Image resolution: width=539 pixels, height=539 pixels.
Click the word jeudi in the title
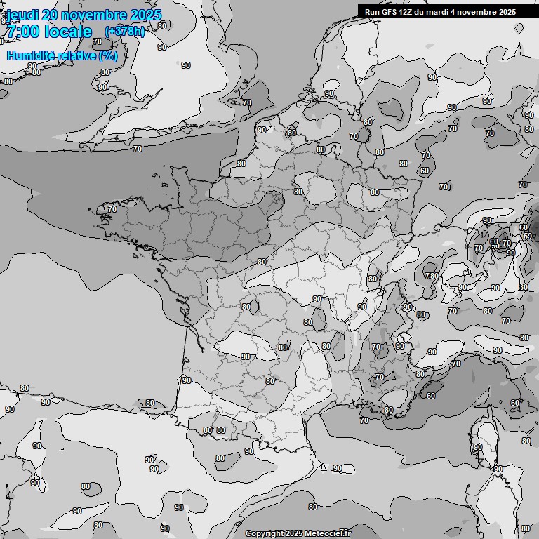pyautogui.click(x=22, y=15)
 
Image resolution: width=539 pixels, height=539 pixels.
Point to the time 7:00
pyautogui.click(x=21, y=32)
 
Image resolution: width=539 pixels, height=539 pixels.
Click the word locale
pyautogui.click(x=68, y=32)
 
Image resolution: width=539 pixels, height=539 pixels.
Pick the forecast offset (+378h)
pyautogui.click(x=125, y=31)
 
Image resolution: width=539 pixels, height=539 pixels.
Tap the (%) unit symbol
pyautogui.click(x=108, y=55)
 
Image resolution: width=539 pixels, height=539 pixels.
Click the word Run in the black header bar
pyautogui.click(x=372, y=11)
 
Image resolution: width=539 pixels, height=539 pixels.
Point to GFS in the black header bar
pyautogui.click(x=389, y=11)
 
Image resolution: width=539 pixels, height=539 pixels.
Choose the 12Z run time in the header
pyautogui.click(x=407, y=11)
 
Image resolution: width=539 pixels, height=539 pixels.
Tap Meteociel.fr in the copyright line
pyautogui.click(x=326, y=533)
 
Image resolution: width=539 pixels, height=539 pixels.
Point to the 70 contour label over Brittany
pyautogui.click(x=112, y=209)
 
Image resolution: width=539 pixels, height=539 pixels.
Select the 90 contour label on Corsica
pyautogui.click(x=478, y=447)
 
